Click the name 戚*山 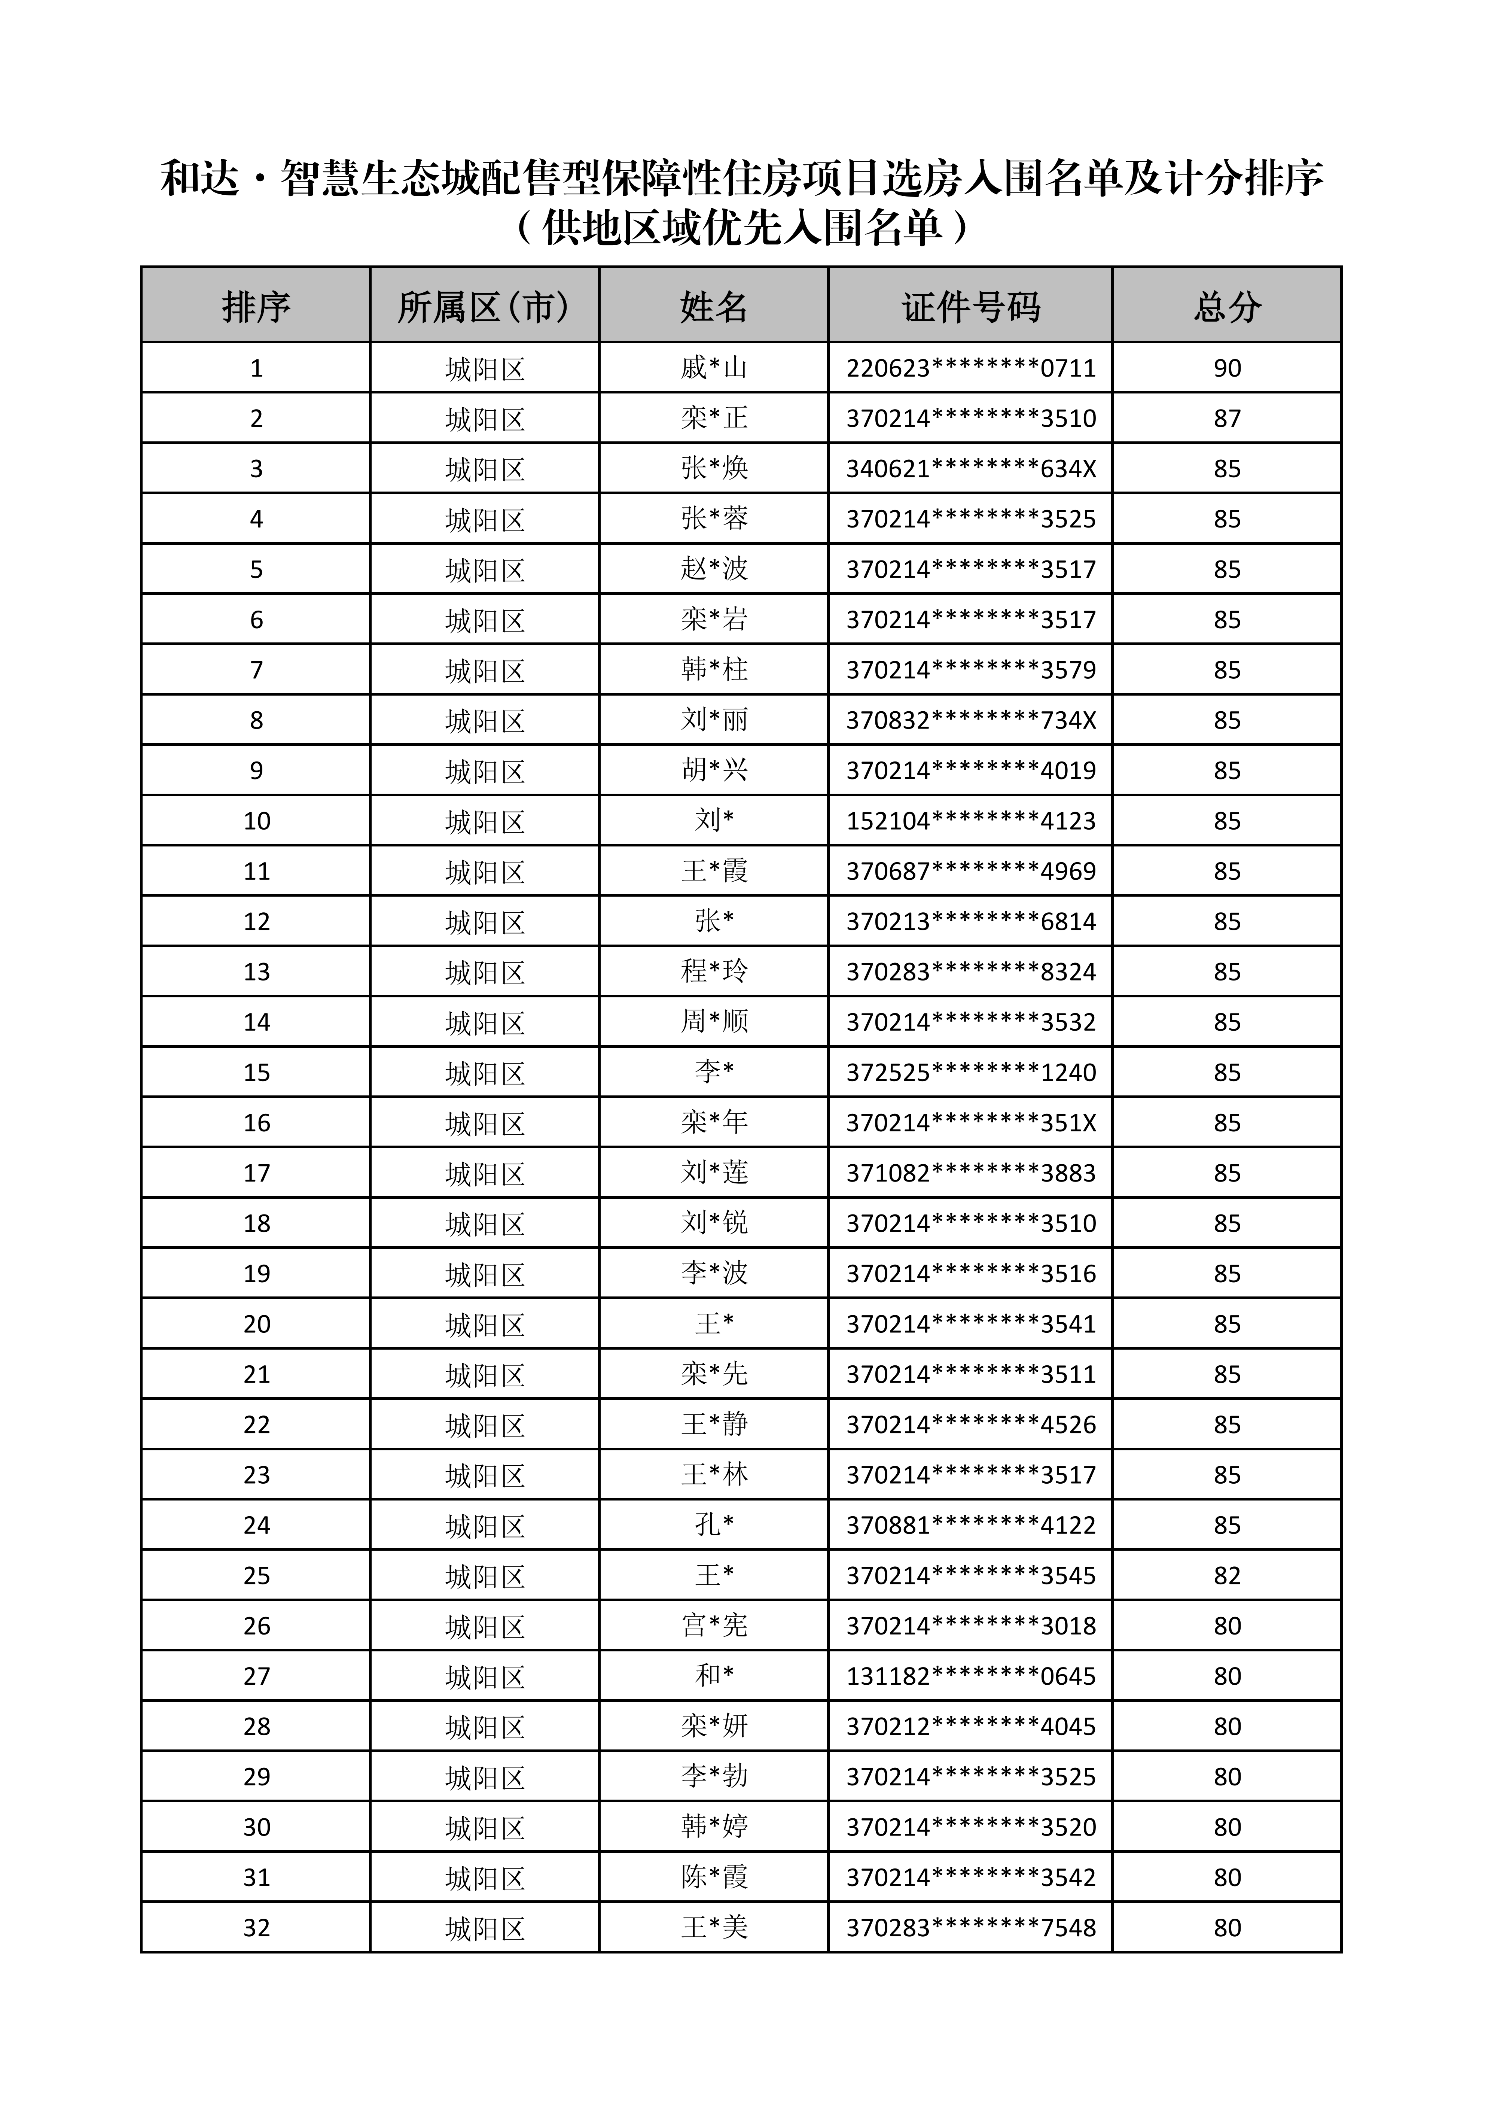714,368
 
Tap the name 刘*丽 714,720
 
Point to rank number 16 256,1123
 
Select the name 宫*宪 714,1626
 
